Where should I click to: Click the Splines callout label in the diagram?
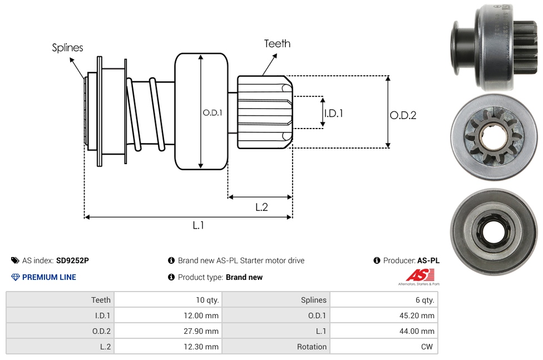tap(67, 48)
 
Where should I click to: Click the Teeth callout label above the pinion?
tap(277, 43)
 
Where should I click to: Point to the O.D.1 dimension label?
tap(213, 112)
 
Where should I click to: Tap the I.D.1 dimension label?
tap(333, 113)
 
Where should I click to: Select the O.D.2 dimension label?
tap(403, 115)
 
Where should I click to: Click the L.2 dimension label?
tap(261, 207)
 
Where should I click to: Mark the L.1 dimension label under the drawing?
tap(199, 225)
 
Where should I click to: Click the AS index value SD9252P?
tap(72, 260)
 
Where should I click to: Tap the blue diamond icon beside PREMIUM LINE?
tap(15, 277)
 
